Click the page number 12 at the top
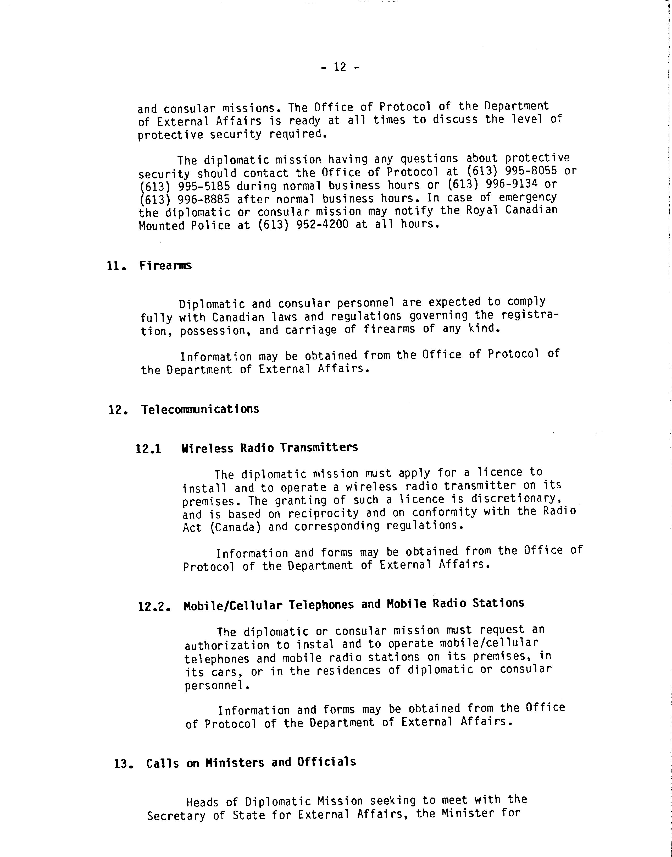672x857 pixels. [340, 67]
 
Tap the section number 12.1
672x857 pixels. [148, 449]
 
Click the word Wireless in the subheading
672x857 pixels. [207, 448]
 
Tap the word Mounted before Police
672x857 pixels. [161, 226]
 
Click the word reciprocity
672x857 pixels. [323, 513]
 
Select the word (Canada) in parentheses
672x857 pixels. [235, 527]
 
